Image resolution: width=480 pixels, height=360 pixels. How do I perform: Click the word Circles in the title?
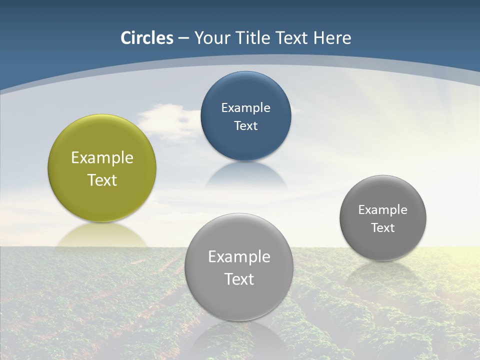pyautogui.click(x=146, y=38)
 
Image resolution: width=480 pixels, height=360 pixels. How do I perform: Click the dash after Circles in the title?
pyautogui.click(x=183, y=38)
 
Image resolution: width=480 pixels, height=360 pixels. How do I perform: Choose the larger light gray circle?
pyautogui.click(x=239, y=300)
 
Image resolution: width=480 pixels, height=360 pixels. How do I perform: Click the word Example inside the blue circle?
pyautogui.click(x=245, y=108)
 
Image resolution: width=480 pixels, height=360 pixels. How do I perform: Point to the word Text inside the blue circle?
pyautogui.click(x=245, y=126)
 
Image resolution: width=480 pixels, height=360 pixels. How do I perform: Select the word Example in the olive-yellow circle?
pyautogui.click(x=102, y=158)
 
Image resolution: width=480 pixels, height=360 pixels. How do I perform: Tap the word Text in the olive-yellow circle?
pyautogui.click(x=102, y=180)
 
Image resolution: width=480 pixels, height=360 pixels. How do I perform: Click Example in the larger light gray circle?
pyautogui.click(x=239, y=257)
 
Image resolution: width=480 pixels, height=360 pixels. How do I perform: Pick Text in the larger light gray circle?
pyautogui.click(x=239, y=279)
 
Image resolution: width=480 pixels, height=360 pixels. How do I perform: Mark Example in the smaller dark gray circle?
pyautogui.click(x=383, y=210)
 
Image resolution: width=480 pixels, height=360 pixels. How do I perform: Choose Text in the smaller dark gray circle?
pyautogui.click(x=383, y=228)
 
